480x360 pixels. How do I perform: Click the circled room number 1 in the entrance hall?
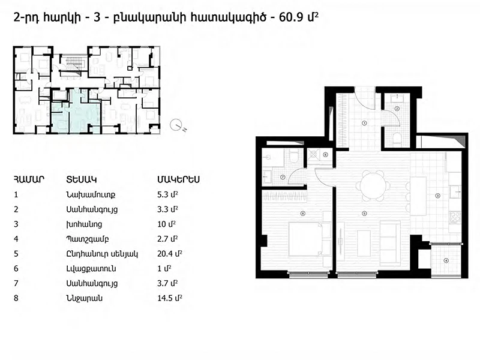coord(364,123)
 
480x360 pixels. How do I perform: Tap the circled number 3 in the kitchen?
coord(438,196)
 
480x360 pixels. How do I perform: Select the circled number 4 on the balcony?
coord(446,261)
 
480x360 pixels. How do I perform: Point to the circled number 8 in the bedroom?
coord(303,214)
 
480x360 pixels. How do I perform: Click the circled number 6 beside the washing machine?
coord(325,155)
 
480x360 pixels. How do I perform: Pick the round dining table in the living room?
coord(373,186)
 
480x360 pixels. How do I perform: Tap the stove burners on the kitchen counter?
coord(455,217)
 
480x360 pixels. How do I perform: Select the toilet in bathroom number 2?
coord(397,139)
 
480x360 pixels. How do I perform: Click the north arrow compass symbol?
coord(176,125)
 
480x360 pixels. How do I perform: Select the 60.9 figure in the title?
coord(290,17)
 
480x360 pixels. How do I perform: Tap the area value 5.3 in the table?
coord(163,194)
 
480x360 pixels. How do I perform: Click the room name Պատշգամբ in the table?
coord(87,239)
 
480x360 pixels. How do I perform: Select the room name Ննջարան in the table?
coord(84,298)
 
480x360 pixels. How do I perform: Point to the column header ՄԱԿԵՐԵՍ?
coord(178,179)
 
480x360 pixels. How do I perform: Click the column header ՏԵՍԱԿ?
coord(82,179)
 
